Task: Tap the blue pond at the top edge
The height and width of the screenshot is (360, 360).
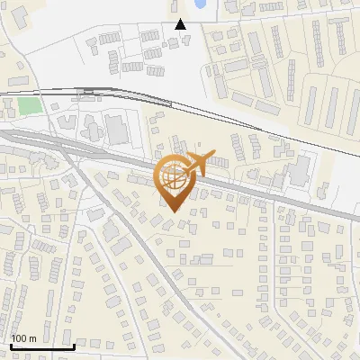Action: click(199, 4)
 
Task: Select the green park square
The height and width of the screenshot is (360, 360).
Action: click(31, 105)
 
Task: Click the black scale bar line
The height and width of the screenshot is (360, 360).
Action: click(41, 346)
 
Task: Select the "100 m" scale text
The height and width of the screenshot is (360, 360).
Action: click(23, 338)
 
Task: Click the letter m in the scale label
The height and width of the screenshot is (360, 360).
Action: click(32, 338)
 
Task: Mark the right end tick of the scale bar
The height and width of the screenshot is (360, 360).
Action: click(73, 345)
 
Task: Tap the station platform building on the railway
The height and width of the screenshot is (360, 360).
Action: click(89, 91)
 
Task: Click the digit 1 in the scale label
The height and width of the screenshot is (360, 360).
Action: click(13, 338)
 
